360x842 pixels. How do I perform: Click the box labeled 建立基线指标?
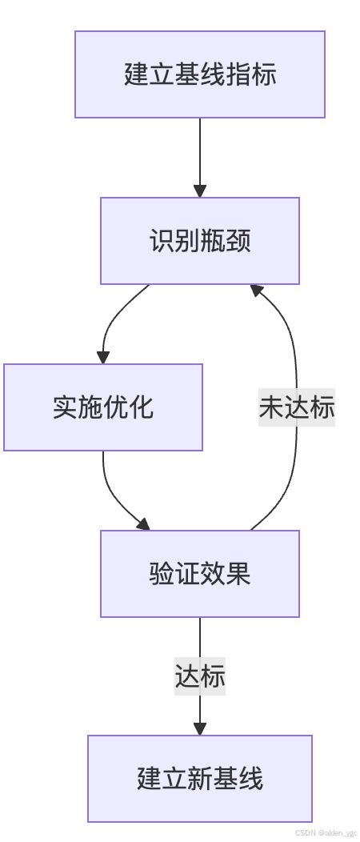tap(200, 74)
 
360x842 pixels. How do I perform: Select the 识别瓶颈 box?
tap(200, 241)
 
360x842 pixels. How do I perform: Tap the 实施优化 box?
tap(102, 407)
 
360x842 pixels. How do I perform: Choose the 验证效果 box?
tap(200, 574)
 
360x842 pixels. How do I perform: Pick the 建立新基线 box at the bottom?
tap(200, 779)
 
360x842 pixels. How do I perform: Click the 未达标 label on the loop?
tap(296, 407)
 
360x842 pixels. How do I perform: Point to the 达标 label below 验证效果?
tap(200, 676)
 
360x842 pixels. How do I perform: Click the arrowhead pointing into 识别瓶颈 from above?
tap(200, 190)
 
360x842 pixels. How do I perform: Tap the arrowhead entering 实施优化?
tap(102, 357)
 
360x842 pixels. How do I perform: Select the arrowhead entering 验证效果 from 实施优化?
tap(143, 524)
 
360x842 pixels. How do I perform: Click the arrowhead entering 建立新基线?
tap(200, 728)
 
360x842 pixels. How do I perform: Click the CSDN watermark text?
tap(326, 832)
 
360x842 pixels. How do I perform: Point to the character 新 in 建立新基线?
tap(200, 779)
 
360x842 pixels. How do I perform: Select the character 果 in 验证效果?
tap(238, 574)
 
